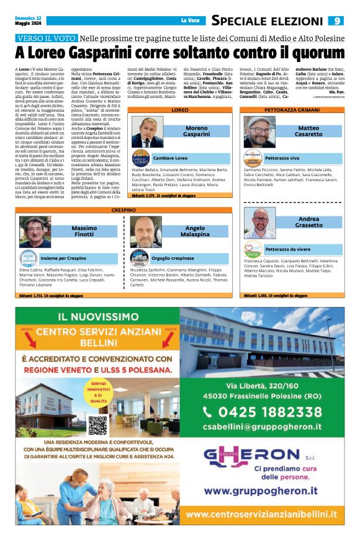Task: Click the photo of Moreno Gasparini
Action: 147,131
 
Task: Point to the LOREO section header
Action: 180,110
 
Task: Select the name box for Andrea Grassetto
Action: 308,222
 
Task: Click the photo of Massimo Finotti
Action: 35,232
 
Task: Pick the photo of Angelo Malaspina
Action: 146,232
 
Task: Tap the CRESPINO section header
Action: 125,211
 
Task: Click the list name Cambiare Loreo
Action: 170,158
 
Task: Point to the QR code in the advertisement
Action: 97,425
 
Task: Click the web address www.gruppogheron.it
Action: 261,490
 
